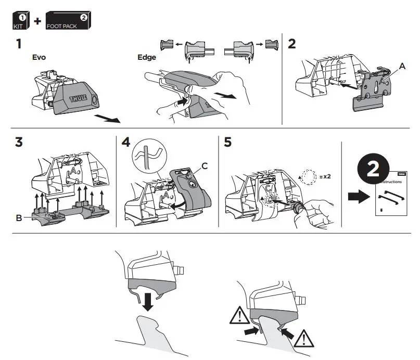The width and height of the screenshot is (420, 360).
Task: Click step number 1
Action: pyautogui.click(x=19, y=44)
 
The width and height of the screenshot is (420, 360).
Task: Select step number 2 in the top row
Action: pyautogui.click(x=291, y=44)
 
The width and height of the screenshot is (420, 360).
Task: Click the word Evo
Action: pyautogui.click(x=39, y=58)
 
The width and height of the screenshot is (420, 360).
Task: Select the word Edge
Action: pyautogui.click(x=146, y=58)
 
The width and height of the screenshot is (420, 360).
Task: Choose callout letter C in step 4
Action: pyautogui.click(x=205, y=165)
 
